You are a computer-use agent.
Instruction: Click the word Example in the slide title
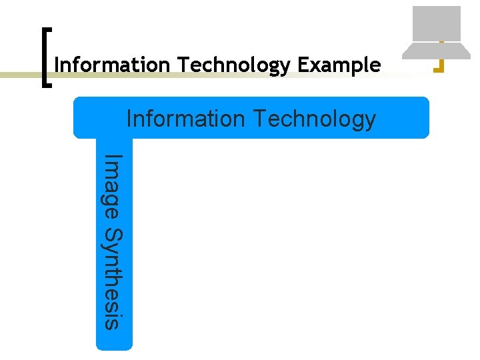(x=339, y=65)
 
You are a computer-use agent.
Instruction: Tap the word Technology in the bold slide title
(x=235, y=65)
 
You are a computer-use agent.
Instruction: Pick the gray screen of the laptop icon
(x=437, y=23)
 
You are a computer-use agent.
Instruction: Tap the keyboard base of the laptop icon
(x=437, y=50)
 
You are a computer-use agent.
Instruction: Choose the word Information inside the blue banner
(x=185, y=119)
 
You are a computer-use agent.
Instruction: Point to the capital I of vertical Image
(x=114, y=157)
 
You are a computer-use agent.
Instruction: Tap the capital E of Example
(x=303, y=65)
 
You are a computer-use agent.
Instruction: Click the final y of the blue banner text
(x=369, y=121)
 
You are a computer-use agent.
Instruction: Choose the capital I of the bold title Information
(x=57, y=65)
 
